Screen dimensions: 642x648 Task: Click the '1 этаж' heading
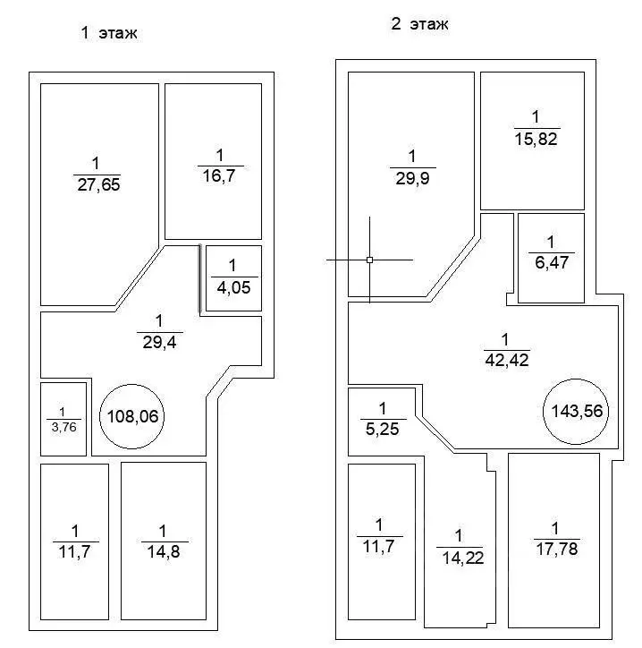[x=109, y=32]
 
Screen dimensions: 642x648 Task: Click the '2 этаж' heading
[x=419, y=24]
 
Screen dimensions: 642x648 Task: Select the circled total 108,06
[x=132, y=416]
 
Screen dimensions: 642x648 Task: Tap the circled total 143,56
[x=576, y=412]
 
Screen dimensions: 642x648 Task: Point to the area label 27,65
[x=98, y=184]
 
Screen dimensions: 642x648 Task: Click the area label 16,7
[x=219, y=176]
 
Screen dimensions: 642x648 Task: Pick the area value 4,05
[x=233, y=287]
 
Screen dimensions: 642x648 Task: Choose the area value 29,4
[x=160, y=343]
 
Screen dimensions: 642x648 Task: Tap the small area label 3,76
[x=64, y=427]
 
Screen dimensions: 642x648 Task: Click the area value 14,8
[x=164, y=552]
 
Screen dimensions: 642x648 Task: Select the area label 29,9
[x=412, y=178]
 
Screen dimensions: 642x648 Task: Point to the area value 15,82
[x=536, y=140]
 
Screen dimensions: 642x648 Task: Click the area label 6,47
[x=552, y=263]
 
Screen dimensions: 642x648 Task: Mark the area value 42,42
[x=507, y=361]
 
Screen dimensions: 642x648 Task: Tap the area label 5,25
[x=383, y=430]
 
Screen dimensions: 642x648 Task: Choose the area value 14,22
[x=463, y=558]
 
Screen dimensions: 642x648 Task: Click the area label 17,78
[x=557, y=550]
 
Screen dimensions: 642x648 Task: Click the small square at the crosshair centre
[x=370, y=260]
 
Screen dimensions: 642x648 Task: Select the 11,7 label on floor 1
[x=74, y=552]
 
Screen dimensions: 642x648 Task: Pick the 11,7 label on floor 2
[x=378, y=547]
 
